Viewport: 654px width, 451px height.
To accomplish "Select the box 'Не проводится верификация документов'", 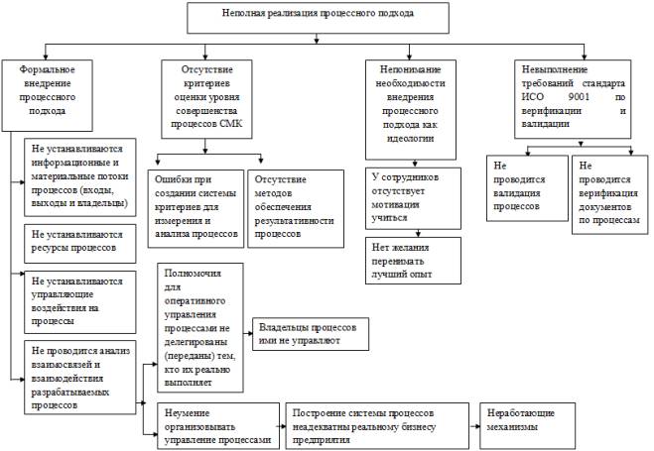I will click(x=610, y=195).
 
